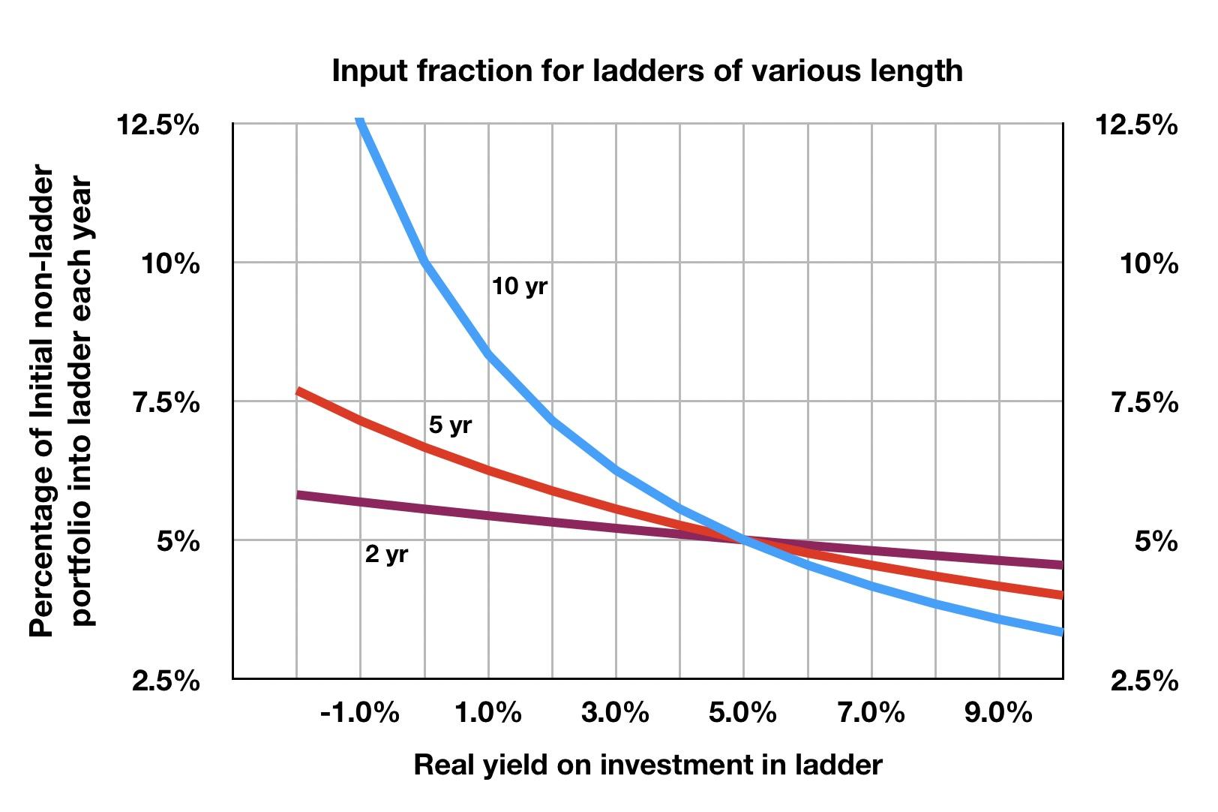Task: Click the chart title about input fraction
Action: pyautogui.click(x=647, y=71)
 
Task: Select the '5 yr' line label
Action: pyautogui.click(x=450, y=425)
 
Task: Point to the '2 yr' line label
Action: pyautogui.click(x=386, y=555)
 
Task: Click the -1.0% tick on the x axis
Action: pyautogui.click(x=359, y=712)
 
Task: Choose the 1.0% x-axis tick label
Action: pyautogui.click(x=488, y=712)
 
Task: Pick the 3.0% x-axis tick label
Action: pyautogui.click(x=615, y=712)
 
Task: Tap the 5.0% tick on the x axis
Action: pyautogui.click(x=742, y=712)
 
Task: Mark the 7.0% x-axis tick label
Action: pyautogui.click(x=871, y=712)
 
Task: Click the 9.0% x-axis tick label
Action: pyautogui.click(x=999, y=712)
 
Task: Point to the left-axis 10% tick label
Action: pyautogui.click(x=171, y=264)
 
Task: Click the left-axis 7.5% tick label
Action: pyautogui.click(x=166, y=403)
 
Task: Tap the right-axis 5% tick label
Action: pyautogui.click(x=1156, y=541)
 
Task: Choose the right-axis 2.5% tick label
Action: pyautogui.click(x=1144, y=681)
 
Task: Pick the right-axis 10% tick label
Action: pyautogui.click(x=1149, y=264)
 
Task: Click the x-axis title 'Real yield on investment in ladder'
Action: pyautogui.click(x=647, y=765)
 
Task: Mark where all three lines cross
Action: pyautogui.click(x=743, y=539)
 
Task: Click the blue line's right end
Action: pyautogui.click(x=1060, y=632)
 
